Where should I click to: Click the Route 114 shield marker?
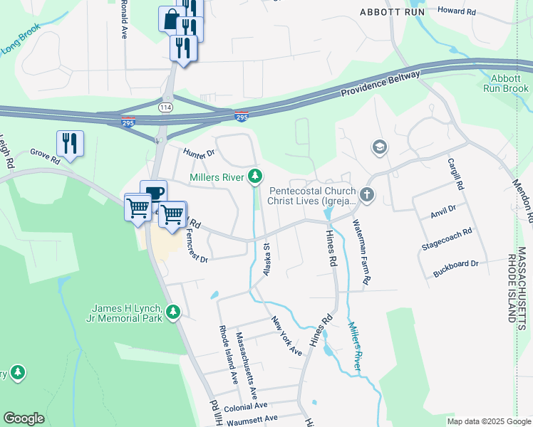165,107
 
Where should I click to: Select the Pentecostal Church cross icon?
367,194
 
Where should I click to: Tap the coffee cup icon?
154,192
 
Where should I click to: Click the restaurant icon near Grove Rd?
70,142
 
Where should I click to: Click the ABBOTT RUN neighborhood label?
393,12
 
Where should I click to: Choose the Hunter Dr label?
199,152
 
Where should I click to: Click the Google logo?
24,418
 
